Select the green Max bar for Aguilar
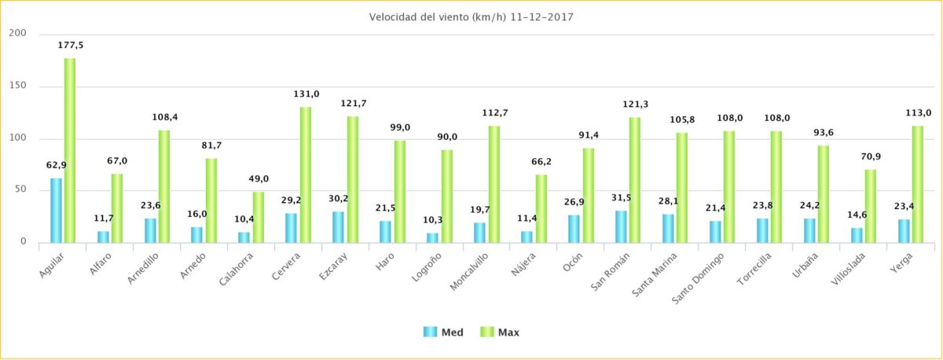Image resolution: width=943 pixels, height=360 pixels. tap(70, 150)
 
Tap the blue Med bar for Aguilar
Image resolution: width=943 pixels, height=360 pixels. tap(56, 210)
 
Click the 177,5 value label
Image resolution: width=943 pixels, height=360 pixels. tap(70, 46)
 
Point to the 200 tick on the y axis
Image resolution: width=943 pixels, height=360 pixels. tap(17, 34)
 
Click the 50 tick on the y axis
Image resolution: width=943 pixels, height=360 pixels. tap(20, 189)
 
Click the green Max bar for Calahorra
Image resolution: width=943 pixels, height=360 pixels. tap(258, 217)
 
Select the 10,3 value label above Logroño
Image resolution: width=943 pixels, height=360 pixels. tap(432, 220)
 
